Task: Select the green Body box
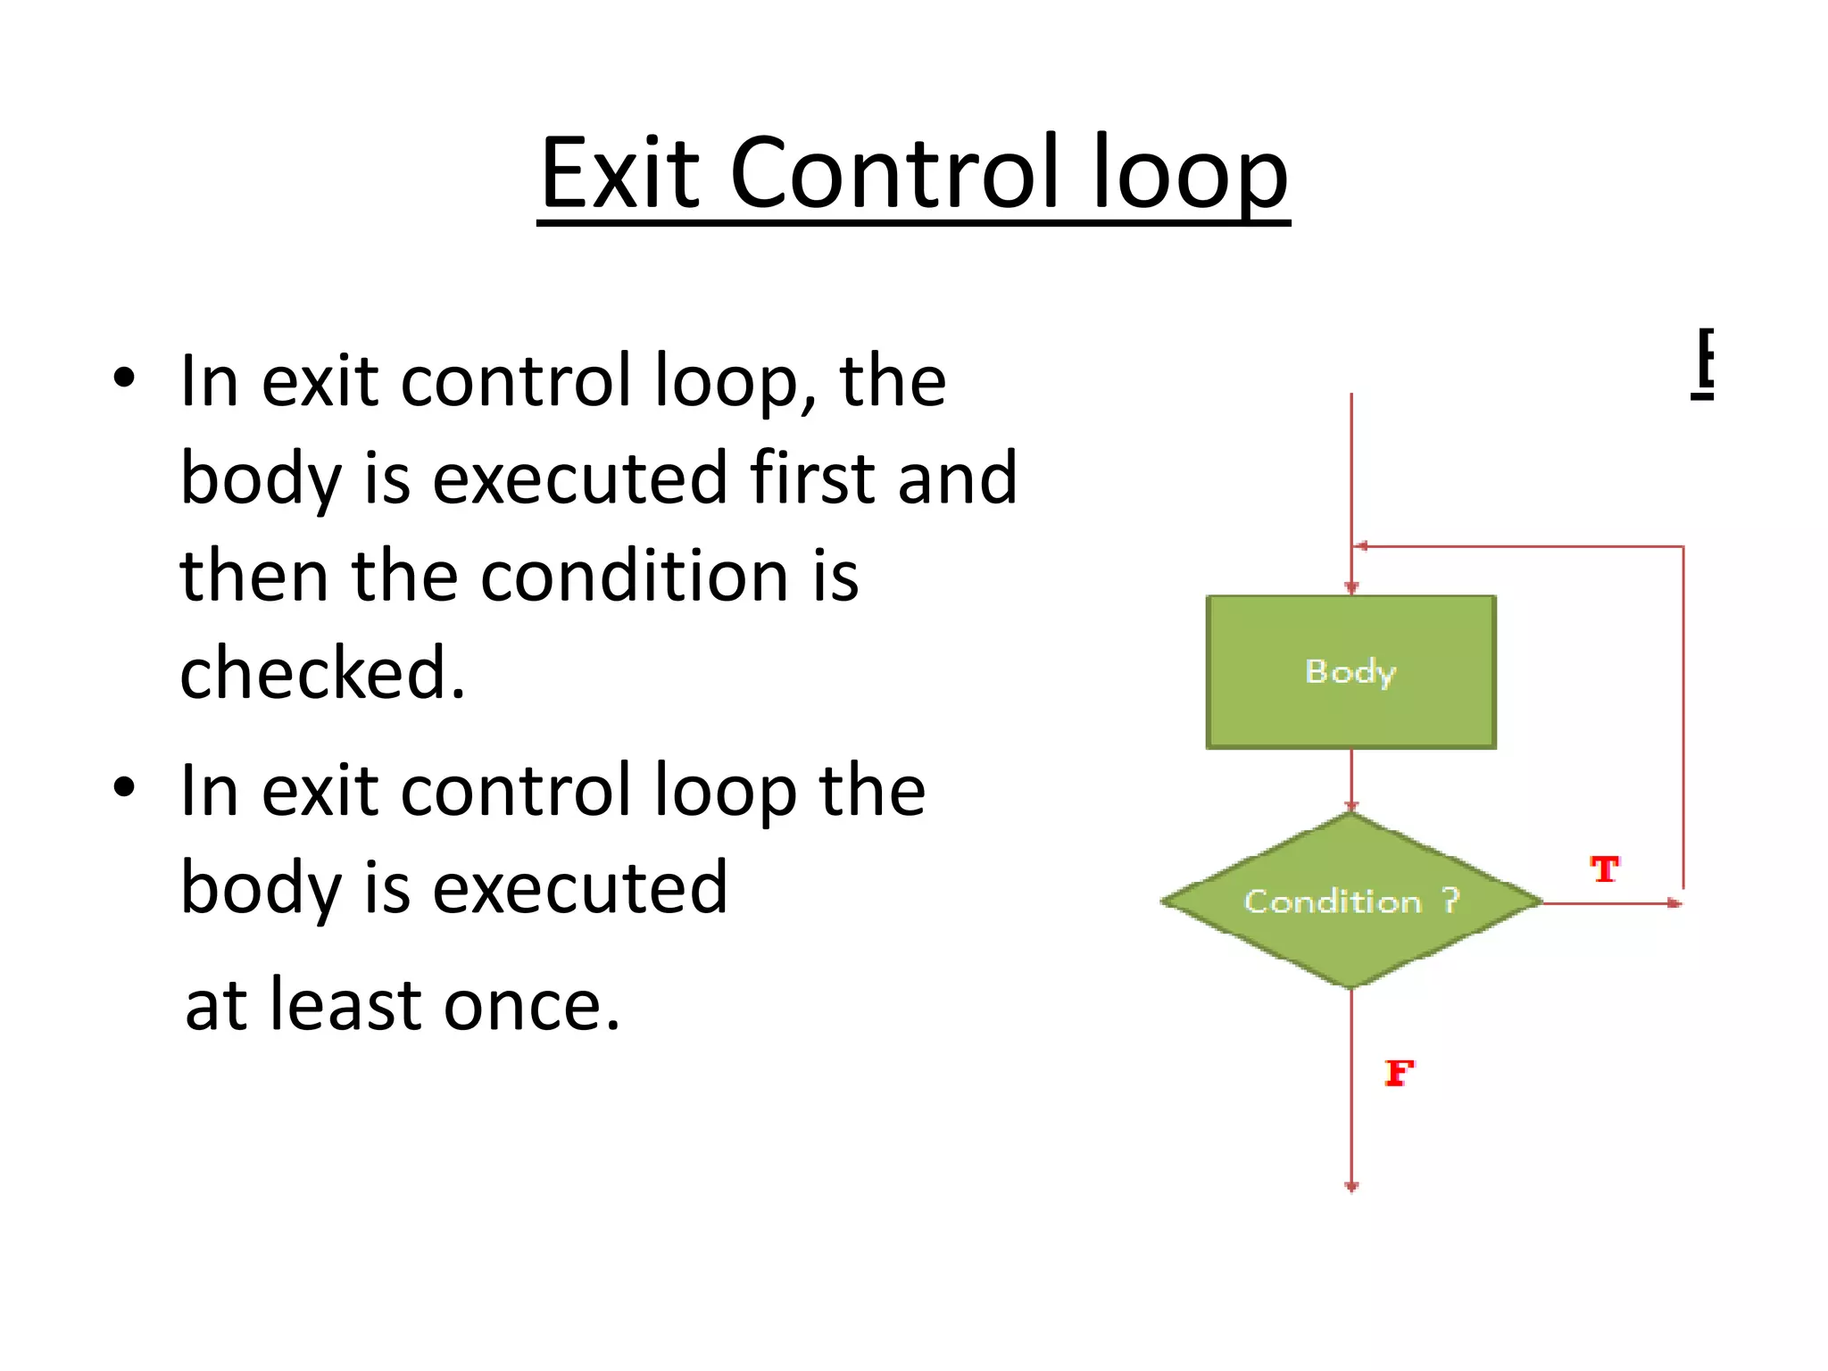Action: coord(1350,671)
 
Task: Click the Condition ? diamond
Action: coord(1350,901)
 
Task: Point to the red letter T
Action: coord(1604,868)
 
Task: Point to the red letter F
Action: coord(1399,1072)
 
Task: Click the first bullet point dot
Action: coord(124,378)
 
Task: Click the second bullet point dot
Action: coord(124,787)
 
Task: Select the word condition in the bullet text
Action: coord(635,576)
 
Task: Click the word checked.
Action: coord(322,673)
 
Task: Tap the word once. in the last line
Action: coord(531,1005)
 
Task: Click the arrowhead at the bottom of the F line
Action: coord(1351,1186)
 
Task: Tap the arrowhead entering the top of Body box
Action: coord(1351,587)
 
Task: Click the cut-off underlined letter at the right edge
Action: coord(1703,363)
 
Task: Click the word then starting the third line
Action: coord(253,576)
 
